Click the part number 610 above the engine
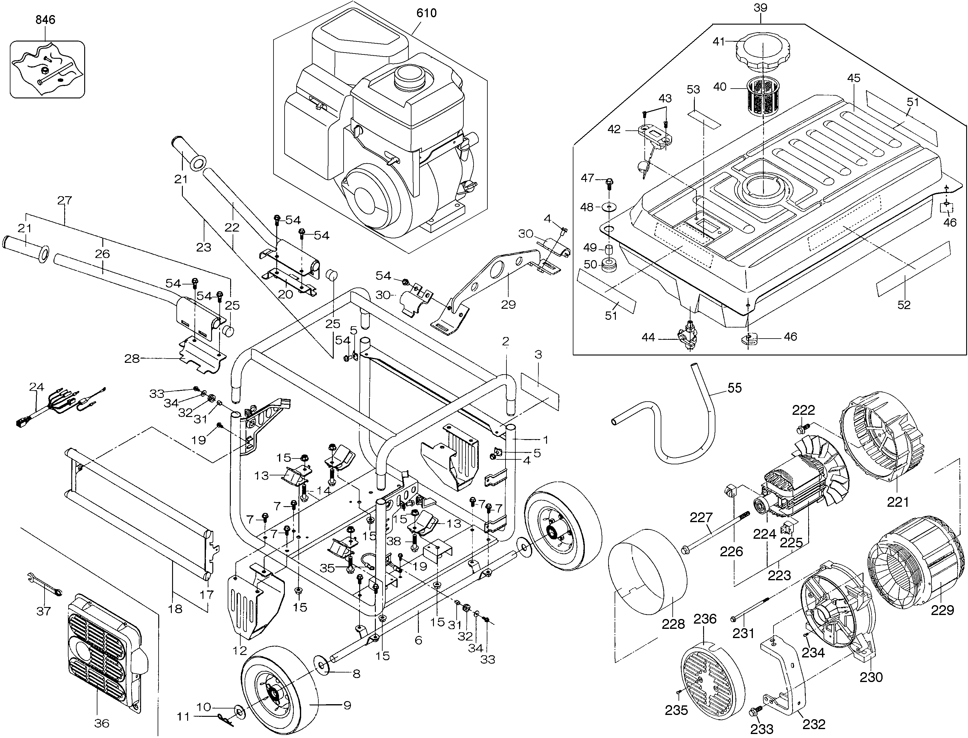click(426, 13)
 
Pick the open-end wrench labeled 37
click(44, 586)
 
